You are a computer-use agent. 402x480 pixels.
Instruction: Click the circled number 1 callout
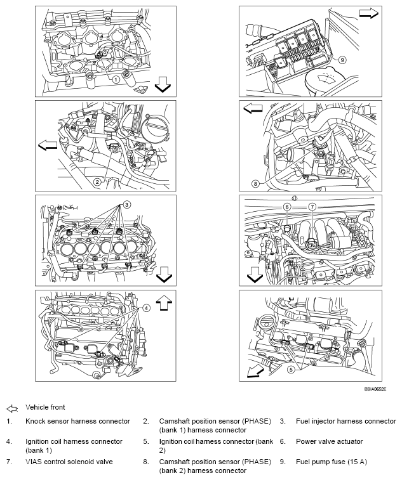[x=116, y=80]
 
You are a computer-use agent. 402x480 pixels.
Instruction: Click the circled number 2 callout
[x=97, y=181]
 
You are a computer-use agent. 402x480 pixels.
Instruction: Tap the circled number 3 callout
[x=126, y=204]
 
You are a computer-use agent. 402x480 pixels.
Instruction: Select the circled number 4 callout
[x=145, y=308]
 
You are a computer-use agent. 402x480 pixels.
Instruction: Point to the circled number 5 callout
[x=291, y=369]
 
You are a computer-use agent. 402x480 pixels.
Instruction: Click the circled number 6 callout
[x=286, y=207]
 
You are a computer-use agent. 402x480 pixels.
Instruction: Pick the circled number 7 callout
[x=312, y=207]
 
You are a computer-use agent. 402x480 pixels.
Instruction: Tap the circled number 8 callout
[x=255, y=184]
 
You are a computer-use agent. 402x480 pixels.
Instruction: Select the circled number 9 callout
[x=342, y=60]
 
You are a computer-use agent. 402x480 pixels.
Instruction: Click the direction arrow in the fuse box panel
[x=368, y=13]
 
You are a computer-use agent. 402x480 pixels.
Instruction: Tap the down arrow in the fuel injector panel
[x=163, y=274]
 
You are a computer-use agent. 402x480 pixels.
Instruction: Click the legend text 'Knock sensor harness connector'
[x=77, y=421]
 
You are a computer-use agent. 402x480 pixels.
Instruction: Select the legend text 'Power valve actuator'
[x=329, y=441]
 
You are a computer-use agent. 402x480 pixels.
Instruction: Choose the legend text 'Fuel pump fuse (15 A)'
[x=332, y=462]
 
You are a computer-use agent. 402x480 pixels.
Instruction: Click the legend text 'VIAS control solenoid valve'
[x=69, y=462]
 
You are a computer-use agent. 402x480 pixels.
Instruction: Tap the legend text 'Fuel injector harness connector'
[x=345, y=421]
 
